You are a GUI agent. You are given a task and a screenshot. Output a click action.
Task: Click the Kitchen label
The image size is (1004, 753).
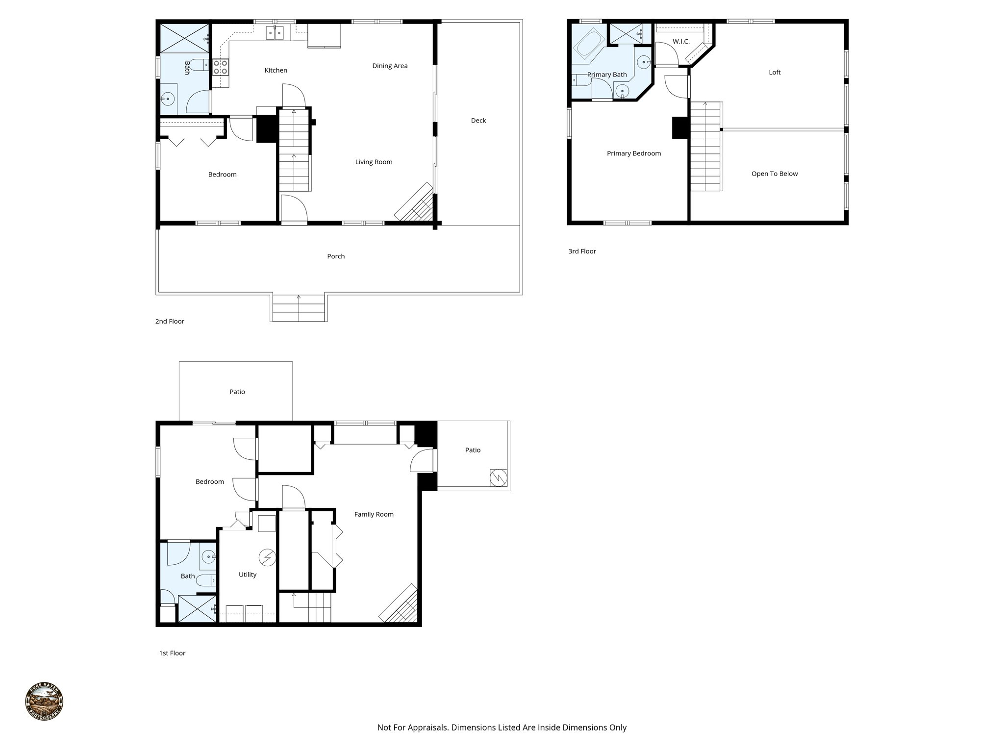(276, 70)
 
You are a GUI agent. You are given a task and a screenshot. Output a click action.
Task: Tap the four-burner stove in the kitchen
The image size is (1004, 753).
(221, 67)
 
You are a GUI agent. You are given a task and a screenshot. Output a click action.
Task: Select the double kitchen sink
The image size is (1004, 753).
(275, 33)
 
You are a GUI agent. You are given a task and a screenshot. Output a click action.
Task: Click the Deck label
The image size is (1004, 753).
(478, 121)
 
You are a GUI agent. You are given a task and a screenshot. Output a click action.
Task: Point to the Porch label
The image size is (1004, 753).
(336, 256)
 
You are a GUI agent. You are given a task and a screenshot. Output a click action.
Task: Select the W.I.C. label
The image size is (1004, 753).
(681, 42)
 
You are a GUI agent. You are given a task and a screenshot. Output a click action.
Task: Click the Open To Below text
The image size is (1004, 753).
(774, 174)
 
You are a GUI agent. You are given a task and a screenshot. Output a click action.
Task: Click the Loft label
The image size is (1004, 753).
(775, 73)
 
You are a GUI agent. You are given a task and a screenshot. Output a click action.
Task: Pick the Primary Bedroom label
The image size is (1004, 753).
(633, 153)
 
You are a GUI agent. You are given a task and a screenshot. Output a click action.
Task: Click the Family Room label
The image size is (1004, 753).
(374, 514)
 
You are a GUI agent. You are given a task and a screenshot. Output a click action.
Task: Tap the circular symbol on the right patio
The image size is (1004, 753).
(498, 477)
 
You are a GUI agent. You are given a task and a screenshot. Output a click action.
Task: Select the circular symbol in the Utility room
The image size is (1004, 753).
(268, 557)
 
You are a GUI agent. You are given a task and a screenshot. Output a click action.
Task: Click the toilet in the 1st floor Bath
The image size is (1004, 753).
(206, 580)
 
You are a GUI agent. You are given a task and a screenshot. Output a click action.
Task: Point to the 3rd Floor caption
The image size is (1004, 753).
(582, 251)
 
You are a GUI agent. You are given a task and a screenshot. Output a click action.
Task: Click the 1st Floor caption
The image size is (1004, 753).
(172, 653)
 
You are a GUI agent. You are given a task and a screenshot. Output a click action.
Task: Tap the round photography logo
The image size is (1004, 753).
(44, 702)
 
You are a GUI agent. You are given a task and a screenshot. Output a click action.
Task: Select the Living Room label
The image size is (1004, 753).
(374, 162)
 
